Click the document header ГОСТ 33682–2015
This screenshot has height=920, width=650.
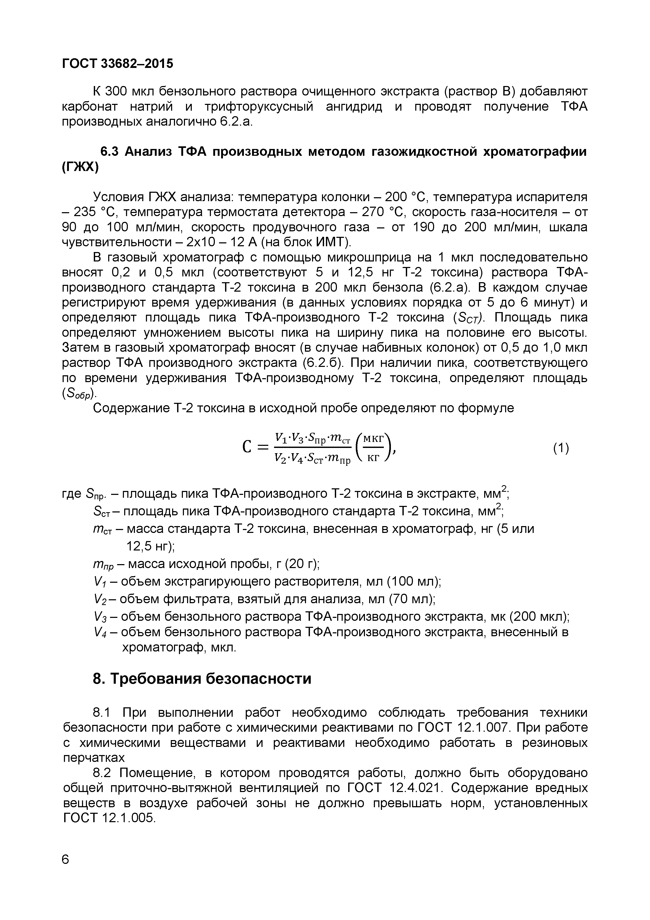pos(118,63)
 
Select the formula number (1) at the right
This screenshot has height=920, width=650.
pos(561,448)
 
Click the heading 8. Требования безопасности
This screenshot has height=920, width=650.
pos(202,679)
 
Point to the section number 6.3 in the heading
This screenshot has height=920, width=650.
pos(109,152)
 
